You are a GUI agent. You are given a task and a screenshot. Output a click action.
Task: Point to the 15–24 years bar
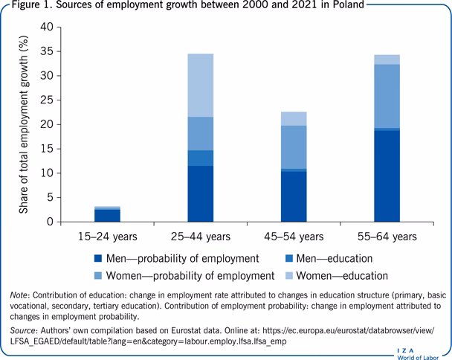tap(108, 214)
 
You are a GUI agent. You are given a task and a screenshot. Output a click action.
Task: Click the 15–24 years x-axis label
tap(108, 237)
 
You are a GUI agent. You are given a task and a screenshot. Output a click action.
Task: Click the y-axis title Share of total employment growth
tap(25, 124)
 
